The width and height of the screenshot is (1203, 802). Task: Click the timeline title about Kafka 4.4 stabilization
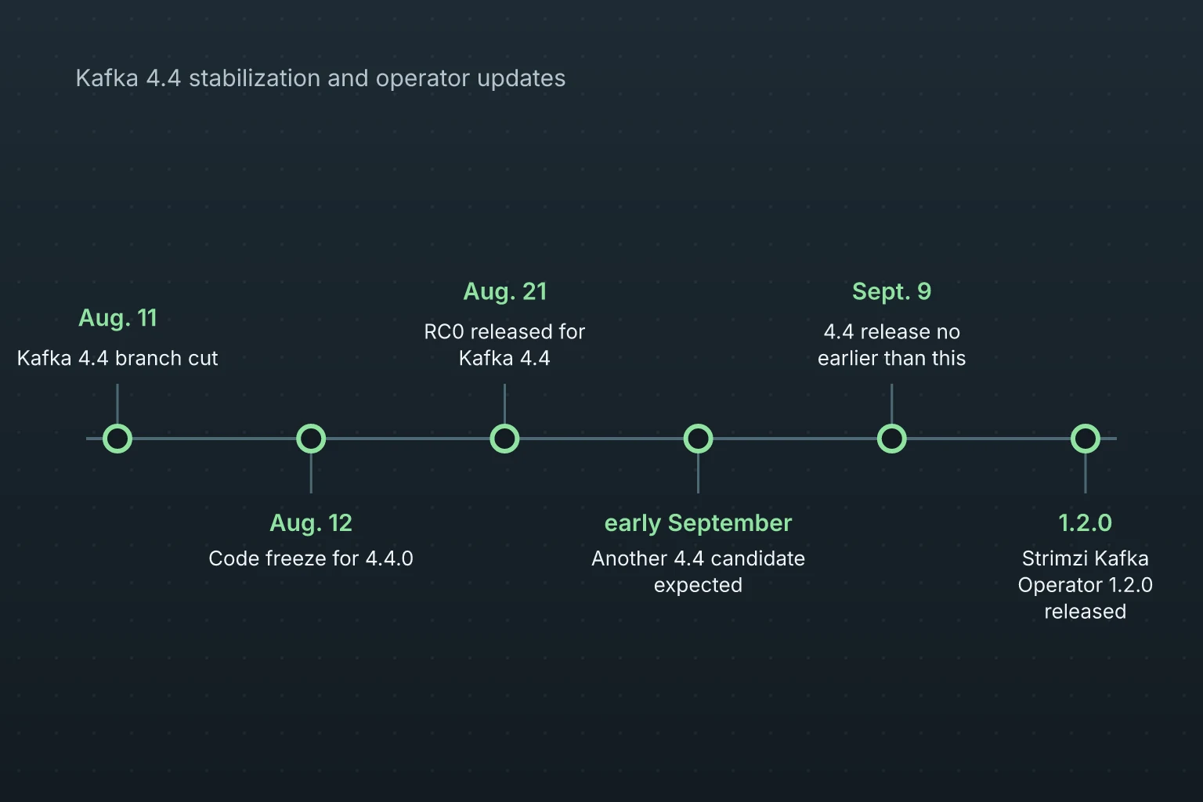(x=320, y=78)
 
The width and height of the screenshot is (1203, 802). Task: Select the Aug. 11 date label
(x=117, y=318)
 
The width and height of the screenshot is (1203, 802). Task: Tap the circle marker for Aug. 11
(x=117, y=439)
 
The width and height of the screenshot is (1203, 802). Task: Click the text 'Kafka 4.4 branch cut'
(x=117, y=358)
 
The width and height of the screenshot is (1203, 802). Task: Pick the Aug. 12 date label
(x=311, y=523)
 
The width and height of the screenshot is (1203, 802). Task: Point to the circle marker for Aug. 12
(x=311, y=439)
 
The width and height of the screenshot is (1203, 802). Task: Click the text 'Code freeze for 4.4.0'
(x=311, y=558)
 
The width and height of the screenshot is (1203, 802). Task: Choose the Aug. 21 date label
(x=505, y=291)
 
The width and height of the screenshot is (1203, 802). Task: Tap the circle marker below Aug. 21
(x=505, y=439)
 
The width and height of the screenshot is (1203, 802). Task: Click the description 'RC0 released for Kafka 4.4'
(x=505, y=345)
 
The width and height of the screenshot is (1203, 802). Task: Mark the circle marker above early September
(x=698, y=439)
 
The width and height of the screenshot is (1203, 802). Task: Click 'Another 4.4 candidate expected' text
(x=698, y=572)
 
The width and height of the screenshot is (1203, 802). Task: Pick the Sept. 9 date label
(x=891, y=291)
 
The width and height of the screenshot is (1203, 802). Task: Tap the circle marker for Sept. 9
(x=891, y=439)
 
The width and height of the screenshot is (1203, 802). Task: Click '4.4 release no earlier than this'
(x=891, y=345)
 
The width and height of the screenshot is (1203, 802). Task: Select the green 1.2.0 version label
(x=1086, y=523)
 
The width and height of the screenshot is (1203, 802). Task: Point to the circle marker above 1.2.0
(x=1086, y=439)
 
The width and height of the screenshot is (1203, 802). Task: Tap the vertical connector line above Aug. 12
(x=311, y=473)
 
